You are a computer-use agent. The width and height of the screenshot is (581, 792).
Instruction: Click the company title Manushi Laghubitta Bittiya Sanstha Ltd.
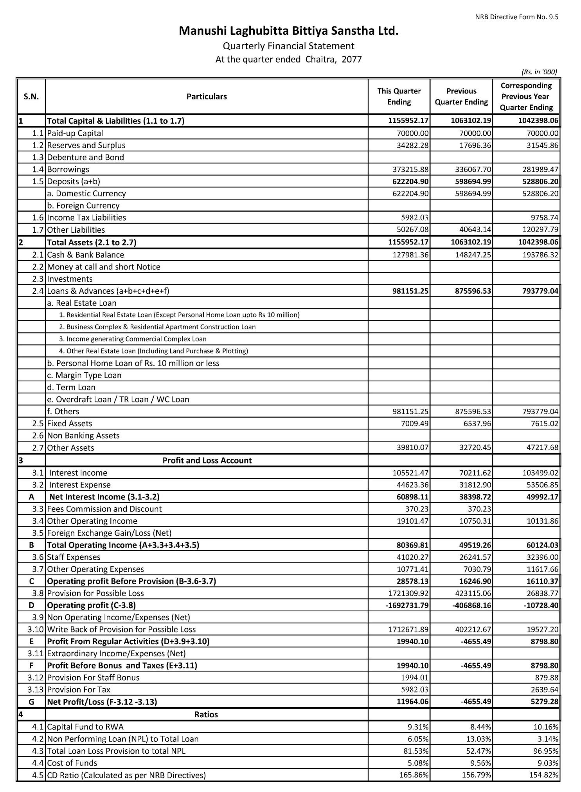pos(288,31)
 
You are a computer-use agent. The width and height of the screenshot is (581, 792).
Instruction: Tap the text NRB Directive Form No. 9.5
pos(516,17)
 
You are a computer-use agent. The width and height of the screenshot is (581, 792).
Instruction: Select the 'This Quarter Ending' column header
pos(399,96)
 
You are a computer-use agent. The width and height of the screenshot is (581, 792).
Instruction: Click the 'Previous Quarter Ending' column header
pos(461,96)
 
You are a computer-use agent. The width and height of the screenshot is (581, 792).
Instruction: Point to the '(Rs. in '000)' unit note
pos(539,72)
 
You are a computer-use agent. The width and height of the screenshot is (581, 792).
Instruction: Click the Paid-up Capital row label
pos(75,133)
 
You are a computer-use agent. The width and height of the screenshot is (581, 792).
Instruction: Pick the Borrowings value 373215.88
pos(410,169)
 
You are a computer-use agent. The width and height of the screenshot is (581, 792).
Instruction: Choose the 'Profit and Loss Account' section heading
pos(207,460)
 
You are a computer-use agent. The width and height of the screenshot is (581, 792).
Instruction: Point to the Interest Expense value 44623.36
pos(410,485)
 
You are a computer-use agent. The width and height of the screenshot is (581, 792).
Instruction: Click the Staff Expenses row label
pos(74,557)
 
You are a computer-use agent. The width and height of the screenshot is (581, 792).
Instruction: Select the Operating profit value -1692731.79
pos(407,605)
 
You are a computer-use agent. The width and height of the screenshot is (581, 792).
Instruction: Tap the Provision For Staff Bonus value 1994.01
pos(415,677)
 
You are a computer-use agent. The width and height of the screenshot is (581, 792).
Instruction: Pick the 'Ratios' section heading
pos(206,715)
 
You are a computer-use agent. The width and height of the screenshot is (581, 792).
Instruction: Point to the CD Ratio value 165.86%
pos(414,775)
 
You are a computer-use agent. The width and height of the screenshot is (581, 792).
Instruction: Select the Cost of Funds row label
pos(72,763)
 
